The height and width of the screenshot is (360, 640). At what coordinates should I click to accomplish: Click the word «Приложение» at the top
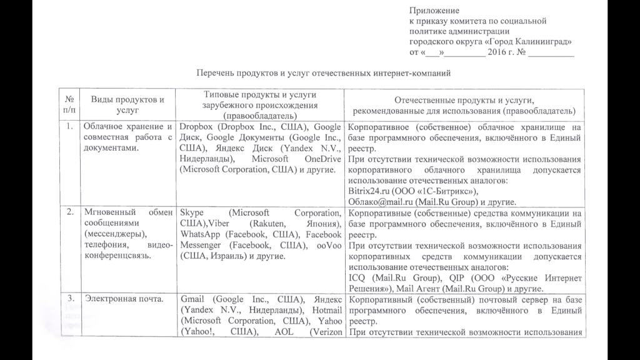[x=434, y=10]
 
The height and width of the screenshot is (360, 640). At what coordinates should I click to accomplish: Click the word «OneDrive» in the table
[x=320, y=159]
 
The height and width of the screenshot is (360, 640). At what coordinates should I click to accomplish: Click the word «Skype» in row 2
[x=191, y=212]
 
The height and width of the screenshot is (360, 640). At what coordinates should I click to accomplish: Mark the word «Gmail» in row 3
[x=192, y=299]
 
